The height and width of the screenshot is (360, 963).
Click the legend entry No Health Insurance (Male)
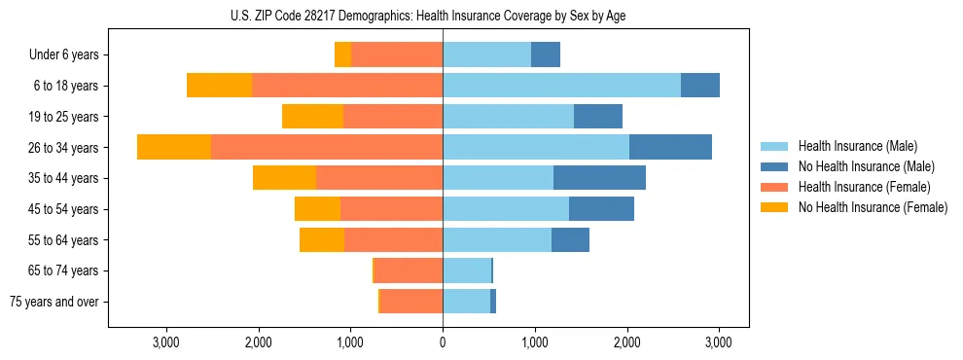tap(866, 166)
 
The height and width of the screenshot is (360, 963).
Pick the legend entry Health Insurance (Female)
tap(864, 187)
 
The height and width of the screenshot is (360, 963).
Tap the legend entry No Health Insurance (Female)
tap(872, 207)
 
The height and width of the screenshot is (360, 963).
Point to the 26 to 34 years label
tap(63, 148)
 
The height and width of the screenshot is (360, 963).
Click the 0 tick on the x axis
tap(443, 342)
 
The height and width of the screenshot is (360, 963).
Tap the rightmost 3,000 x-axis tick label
tap(719, 342)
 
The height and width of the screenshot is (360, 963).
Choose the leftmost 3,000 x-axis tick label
tap(166, 342)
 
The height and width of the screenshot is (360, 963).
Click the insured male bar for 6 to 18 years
tap(561, 86)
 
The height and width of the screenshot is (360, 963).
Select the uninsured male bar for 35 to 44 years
tap(599, 178)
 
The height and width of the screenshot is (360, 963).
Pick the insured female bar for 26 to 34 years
tap(327, 147)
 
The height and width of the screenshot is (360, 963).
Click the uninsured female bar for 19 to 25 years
tap(312, 117)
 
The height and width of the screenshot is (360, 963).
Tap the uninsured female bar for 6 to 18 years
tap(219, 86)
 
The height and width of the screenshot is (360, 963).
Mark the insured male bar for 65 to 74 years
tap(467, 270)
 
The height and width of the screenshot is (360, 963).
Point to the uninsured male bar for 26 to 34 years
tap(670, 147)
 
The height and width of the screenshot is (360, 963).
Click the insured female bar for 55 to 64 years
tap(393, 239)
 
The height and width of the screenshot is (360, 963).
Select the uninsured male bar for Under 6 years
tap(546, 55)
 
